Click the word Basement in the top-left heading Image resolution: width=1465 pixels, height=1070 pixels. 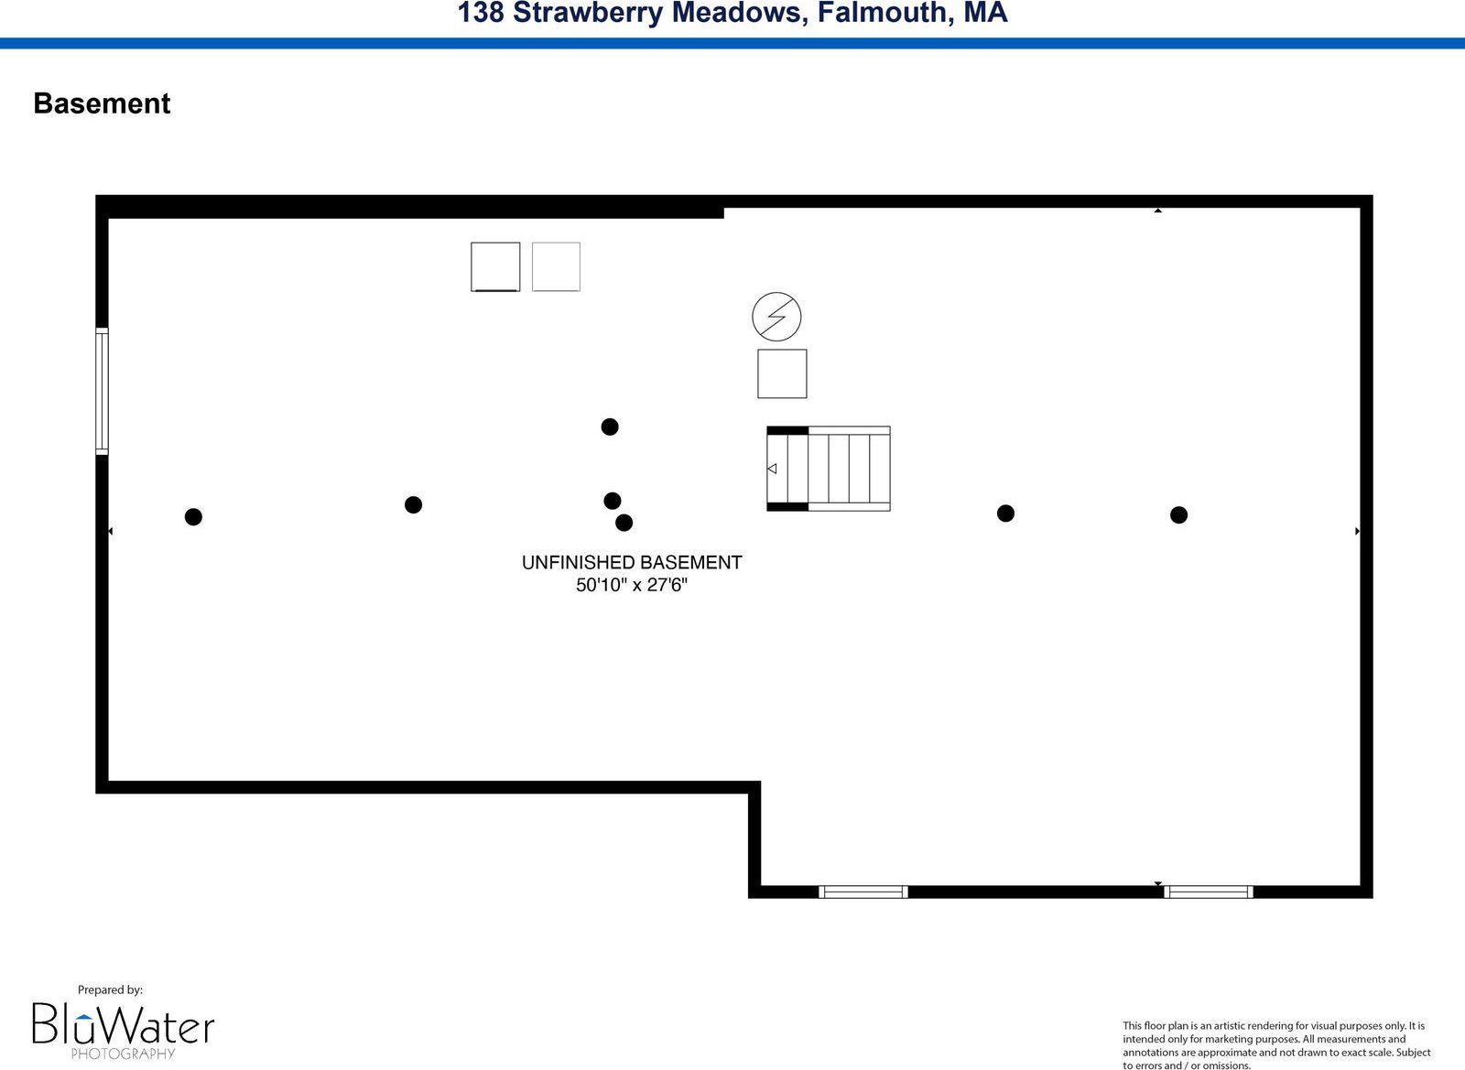click(102, 103)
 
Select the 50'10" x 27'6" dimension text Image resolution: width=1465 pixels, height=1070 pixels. click(632, 584)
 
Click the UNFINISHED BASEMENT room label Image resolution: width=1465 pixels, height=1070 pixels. click(632, 562)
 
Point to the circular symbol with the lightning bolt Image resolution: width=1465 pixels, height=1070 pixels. click(776, 317)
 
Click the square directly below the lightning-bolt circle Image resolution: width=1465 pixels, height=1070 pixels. click(782, 373)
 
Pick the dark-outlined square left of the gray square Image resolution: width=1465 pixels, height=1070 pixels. click(495, 266)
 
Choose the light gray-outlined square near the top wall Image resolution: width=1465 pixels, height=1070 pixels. click(556, 266)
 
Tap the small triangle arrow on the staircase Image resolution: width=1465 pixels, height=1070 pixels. click(772, 469)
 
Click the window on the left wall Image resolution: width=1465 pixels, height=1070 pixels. click(102, 391)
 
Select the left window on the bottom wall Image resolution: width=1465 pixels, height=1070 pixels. click(863, 892)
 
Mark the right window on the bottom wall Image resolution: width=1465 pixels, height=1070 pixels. click(1209, 892)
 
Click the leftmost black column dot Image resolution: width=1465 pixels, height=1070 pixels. click(193, 517)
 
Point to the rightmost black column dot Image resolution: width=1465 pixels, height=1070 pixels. click(1178, 515)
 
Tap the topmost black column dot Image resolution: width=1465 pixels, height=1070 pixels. click(610, 427)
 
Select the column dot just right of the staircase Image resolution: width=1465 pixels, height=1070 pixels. click(1006, 513)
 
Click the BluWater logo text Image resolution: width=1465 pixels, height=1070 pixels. click(124, 1023)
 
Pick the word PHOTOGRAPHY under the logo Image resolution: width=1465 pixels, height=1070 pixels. click(123, 1054)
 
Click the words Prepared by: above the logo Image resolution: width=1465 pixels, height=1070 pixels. click(110, 990)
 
